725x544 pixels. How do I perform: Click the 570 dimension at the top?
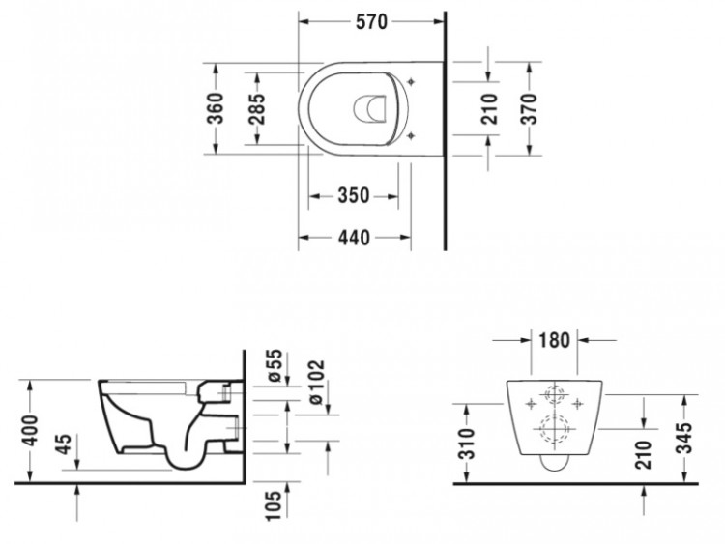coord(371,21)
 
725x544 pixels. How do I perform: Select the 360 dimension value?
coord(216,108)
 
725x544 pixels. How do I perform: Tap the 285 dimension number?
coord(256,108)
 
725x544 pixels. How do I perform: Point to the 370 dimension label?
coord(530,108)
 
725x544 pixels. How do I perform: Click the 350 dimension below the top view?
coord(354,195)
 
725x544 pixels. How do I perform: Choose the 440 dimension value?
coord(354,238)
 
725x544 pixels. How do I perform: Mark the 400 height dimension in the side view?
coord(32,431)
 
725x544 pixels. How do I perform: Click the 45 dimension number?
coord(64,444)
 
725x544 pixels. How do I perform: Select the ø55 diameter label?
coord(275,365)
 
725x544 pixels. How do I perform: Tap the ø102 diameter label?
coord(317,383)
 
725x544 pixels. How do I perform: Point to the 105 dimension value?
coord(274,505)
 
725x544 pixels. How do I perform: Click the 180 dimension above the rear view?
coord(555,341)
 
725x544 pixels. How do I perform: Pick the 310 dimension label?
coord(467,444)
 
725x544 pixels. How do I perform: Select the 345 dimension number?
coord(684,438)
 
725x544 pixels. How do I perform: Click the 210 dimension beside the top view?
coord(490,108)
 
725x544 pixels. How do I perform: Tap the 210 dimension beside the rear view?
coord(643,455)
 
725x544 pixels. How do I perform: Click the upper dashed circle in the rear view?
coord(555,386)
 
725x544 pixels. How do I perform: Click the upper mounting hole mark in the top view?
coord(411,82)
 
